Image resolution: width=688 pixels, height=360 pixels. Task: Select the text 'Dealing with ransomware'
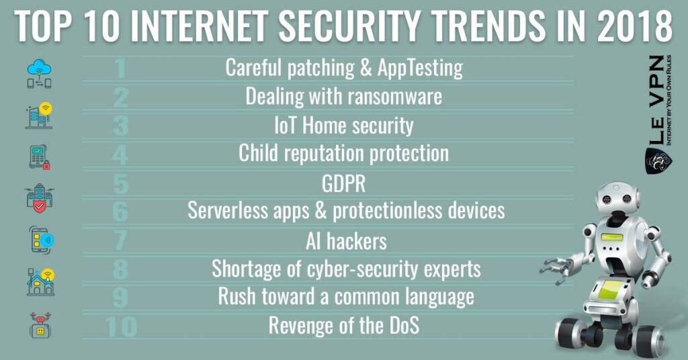(x=343, y=96)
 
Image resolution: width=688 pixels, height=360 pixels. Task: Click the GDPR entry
(x=343, y=183)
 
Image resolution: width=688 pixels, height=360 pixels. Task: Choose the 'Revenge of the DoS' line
(x=343, y=326)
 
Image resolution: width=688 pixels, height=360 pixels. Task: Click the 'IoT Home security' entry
(x=343, y=125)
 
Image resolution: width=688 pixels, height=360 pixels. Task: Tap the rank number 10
(x=121, y=326)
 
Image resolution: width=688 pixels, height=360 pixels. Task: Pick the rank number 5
(x=120, y=183)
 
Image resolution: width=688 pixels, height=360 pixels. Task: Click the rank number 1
(x=120, y=68)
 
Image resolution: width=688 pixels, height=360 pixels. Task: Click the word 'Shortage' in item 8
(x=243, y=269)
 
